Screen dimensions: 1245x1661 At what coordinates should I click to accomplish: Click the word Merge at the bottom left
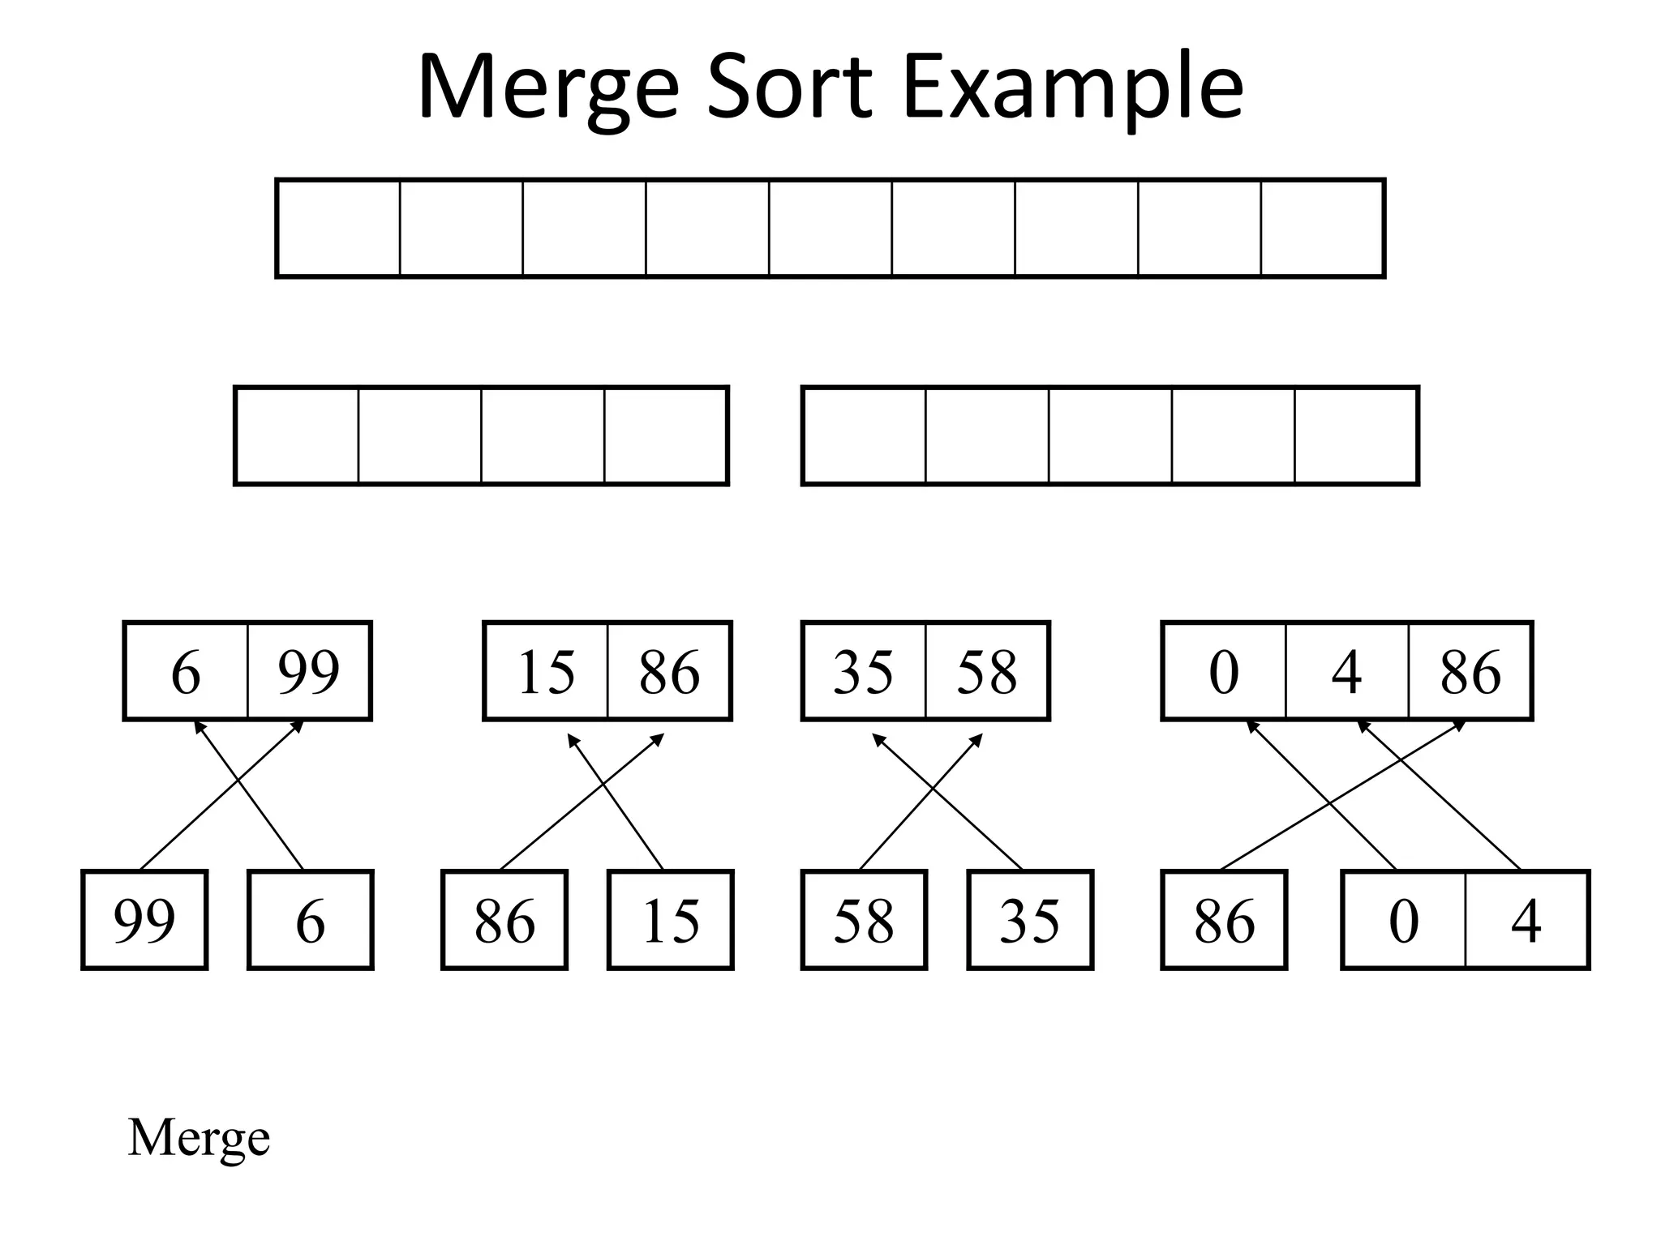(x=199, y=1138)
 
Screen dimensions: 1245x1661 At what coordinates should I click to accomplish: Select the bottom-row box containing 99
(x=144, y=920)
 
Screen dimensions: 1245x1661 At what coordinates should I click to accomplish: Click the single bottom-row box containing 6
(x=311, y=920)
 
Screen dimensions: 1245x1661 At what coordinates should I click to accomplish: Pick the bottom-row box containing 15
(x=670, y=920)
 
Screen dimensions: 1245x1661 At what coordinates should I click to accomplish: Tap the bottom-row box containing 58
(x=864, y=920)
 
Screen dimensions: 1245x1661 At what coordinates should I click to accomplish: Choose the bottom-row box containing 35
(x=1030, y=920)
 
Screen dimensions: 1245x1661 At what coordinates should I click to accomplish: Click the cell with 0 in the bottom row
(x=1404, y=920)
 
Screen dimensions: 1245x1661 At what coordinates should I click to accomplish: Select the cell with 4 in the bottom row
(x=1526, y=920)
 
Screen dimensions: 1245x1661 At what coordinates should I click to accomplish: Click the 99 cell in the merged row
(x=309, y=671)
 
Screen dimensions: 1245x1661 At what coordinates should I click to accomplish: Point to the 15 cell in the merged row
(x=546, y=671)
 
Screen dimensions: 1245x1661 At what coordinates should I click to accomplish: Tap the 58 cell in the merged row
(x=987, y=671)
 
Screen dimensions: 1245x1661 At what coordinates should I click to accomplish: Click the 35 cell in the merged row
(x=864, y=671)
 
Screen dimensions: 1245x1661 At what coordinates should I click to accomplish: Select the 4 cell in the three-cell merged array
(x=1347, y=671)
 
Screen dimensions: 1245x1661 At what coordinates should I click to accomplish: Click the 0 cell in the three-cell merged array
(x=1224, y=671)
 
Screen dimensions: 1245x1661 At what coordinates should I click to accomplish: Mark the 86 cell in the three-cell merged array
(x=1470, y=671)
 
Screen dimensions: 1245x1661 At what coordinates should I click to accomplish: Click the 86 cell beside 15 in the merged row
(x=669, y=671)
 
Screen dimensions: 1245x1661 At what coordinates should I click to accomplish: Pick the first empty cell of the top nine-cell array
(x=338, y=229)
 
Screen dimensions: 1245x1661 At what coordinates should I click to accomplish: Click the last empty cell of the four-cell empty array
(x=665, y=436)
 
